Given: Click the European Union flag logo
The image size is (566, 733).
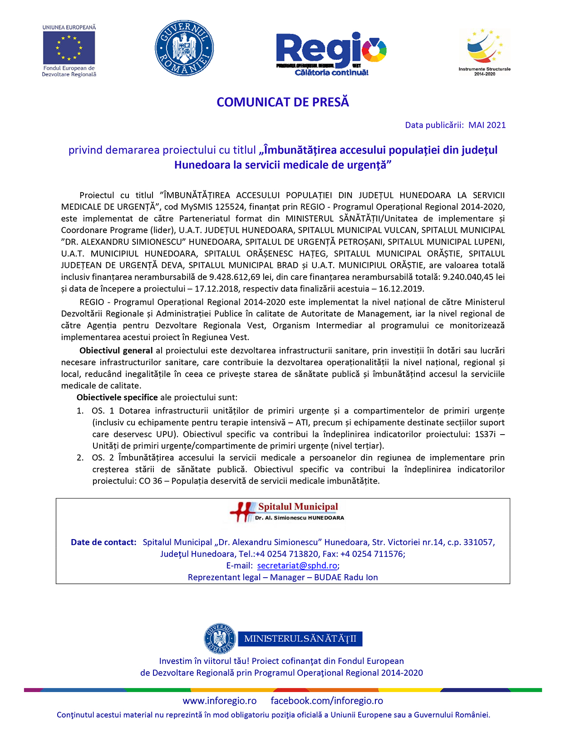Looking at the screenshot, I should coord(69,48).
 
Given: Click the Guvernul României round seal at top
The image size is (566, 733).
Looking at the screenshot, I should coord(184,48).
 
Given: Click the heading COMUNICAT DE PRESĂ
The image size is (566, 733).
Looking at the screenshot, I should coord(283,102).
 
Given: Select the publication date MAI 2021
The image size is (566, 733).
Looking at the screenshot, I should coord(487,125).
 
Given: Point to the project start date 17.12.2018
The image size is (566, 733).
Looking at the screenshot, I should coord(214,288).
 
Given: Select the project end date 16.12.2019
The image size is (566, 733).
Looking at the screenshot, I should coord(401,288).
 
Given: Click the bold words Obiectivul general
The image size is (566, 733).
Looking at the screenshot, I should coord(116,351).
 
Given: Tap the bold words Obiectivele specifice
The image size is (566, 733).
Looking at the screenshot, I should coord(117,397).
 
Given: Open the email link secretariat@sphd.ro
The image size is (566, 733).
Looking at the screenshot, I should coord(297,566).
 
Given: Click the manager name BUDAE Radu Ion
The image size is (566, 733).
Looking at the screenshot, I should coord(346,577).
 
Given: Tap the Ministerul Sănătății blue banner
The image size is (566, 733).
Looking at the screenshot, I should coord(300,639).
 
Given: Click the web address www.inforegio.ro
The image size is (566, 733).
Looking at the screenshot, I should coord(220,701).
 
